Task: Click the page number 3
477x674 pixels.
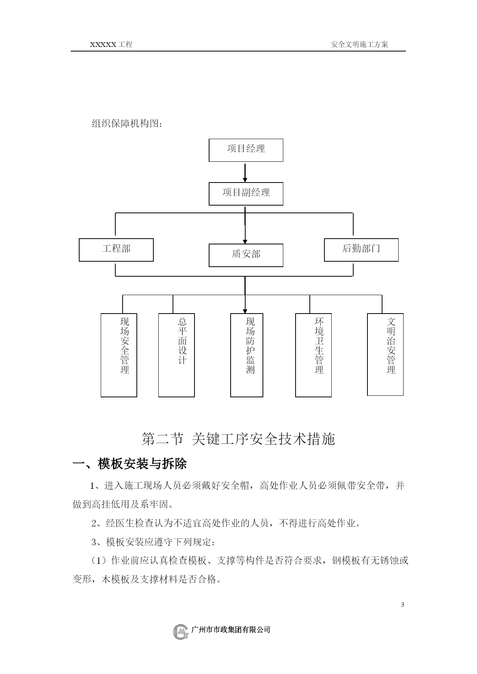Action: tap(402, 604)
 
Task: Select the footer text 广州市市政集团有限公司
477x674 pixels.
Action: tap(231, 629)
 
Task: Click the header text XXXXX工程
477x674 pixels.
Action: tap(111, 44)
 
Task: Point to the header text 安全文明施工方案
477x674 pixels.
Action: tap(359, 44)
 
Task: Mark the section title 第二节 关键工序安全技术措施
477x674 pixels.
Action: tap(238, 439)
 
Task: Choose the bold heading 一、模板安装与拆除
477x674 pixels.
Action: tap(130, 464)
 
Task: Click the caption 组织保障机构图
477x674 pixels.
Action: tap(127, 124)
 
